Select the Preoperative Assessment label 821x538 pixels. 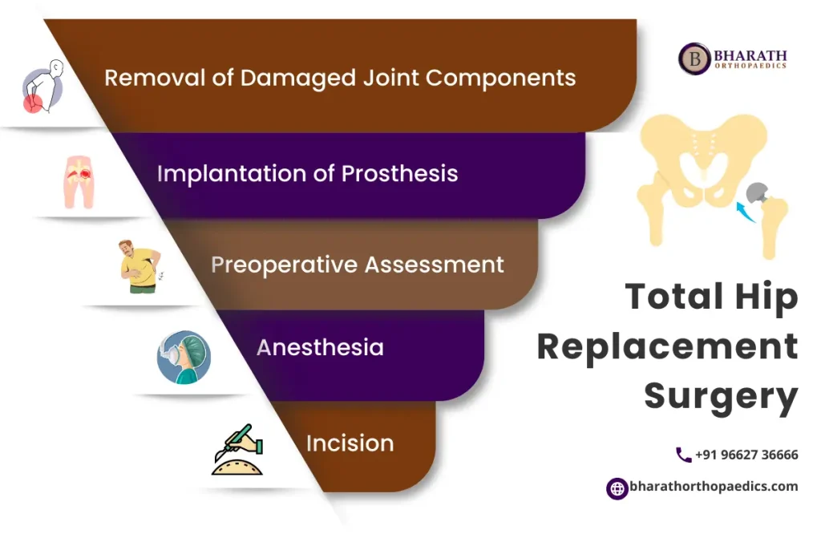click(x=358, y=265)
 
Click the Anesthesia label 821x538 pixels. click(x=320, y=347)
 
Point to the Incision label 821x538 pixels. click(x=350, y=443)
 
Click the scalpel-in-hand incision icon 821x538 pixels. click(x=237, y=450)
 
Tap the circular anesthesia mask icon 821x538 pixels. click(x=184, y=357)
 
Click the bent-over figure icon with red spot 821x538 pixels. click(x=39, y=87)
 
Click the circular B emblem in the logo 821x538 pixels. click(x=694, y=59)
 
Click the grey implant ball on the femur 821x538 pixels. click(x=758, y=192)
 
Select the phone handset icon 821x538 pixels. click(x=683, y=455)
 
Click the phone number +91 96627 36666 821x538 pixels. click(x=746, y=455)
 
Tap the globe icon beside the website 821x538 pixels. click(x=617, y=487)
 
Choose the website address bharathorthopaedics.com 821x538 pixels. click(x=714, y=487)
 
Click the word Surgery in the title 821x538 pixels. click(x=721, y=395)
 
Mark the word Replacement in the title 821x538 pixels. click(x=667, y=346)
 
